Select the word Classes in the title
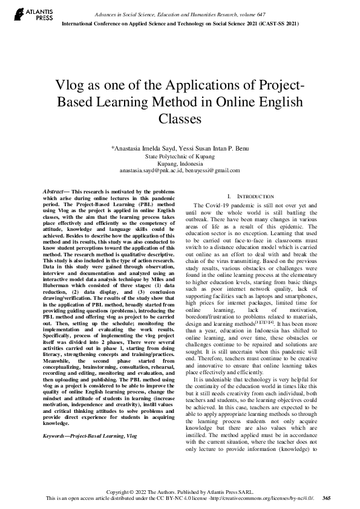[180, 118]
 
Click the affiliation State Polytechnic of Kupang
[180, 156]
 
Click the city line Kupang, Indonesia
[180, 163]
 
